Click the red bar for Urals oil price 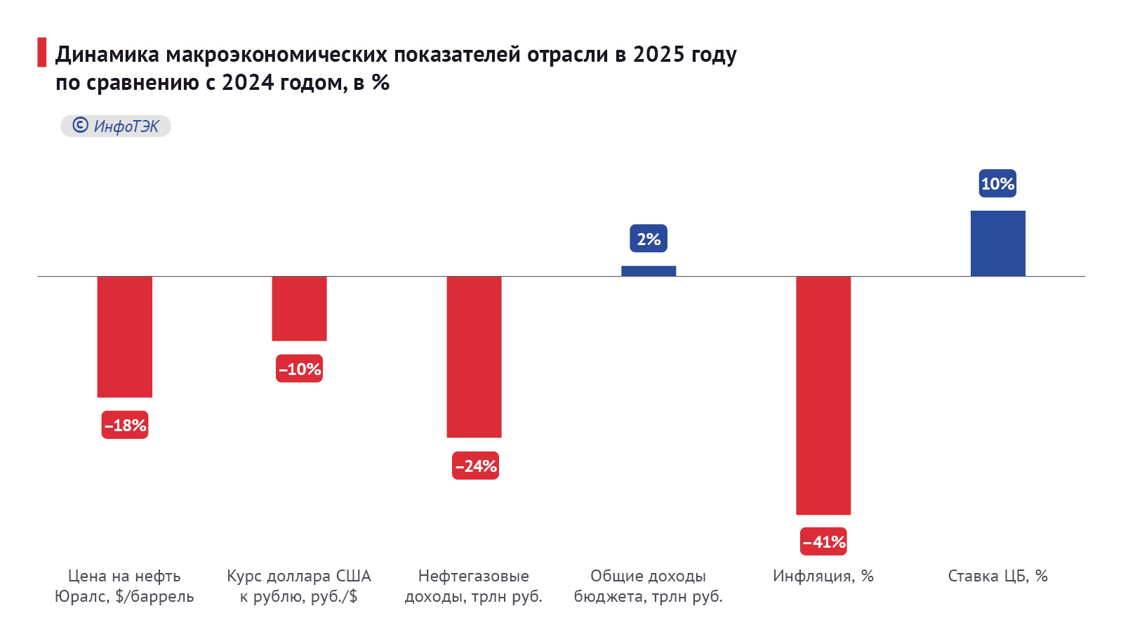tap(125, 336)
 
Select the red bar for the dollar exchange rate tap(299, 308)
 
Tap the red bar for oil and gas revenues tap(474, 357)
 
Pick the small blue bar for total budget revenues tap(649, 271)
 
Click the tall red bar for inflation tap(823, 395)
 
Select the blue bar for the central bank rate tap(997, 243)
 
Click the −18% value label tap(125, 425)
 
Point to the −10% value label tap(300, 369)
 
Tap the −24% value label tap(475, 466)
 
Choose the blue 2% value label tap(649, 239)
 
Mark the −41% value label tap(824, 541)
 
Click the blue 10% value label tap(997, 183)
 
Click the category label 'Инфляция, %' tap(823, 576)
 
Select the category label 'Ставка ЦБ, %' tap(997, 576)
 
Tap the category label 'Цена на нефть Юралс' tap(124, 586)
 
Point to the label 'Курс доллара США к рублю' tap(299, 586)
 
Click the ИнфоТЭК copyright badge tap(116, 126)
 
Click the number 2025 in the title tap(658, 54)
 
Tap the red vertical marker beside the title tap(41, 53)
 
